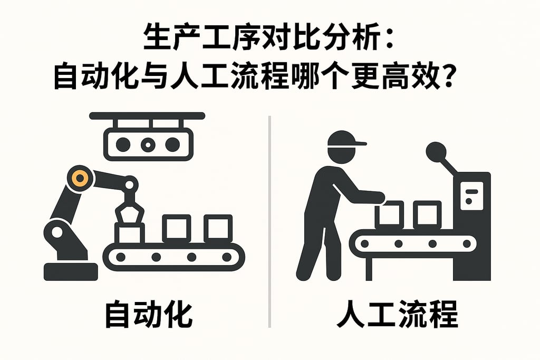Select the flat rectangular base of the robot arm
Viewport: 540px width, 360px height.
71,271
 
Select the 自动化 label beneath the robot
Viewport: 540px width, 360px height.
148,315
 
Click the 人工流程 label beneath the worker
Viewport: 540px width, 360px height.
397,315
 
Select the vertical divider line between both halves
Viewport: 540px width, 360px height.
269,221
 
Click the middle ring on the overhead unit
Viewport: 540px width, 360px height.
148,144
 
